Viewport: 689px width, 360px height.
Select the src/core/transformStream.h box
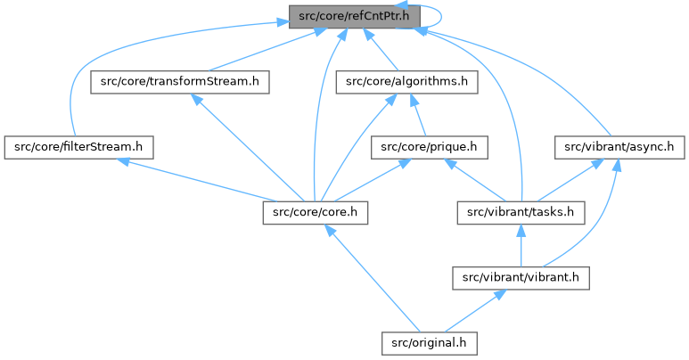(x=180, y=82)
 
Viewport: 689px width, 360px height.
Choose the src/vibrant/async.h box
(x=619, y=146)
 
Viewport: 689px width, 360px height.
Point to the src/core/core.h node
(x=316, y=212)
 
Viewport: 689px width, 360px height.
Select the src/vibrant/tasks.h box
(x=521, y=212)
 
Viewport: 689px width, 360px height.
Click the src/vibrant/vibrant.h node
(x=521, y=277)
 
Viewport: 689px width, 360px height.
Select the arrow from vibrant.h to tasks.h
(x=521, y=244)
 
